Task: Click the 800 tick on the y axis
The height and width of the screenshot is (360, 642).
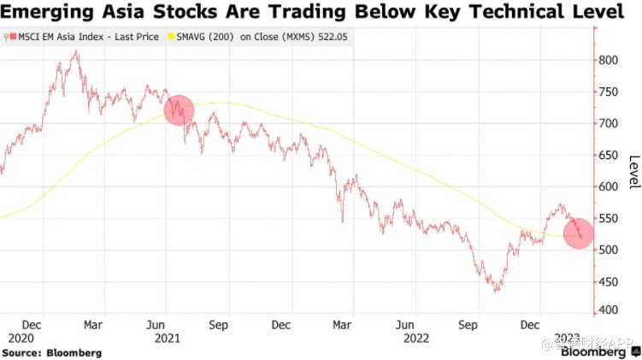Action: point(608,60)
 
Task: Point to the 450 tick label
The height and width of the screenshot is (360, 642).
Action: point(608,280)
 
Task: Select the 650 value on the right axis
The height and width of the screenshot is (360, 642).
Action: point(608,155)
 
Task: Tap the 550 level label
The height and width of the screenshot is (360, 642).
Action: point(608,218)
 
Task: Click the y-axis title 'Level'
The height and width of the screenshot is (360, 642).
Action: point(633,173)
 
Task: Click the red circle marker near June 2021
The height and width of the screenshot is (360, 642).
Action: point(179,110)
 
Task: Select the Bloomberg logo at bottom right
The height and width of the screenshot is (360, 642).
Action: point(592,351)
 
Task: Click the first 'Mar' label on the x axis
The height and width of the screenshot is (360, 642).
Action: point(95,325)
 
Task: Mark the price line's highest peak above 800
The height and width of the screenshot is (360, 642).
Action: point(76,50)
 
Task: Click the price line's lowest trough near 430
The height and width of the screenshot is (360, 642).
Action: point(496,292)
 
